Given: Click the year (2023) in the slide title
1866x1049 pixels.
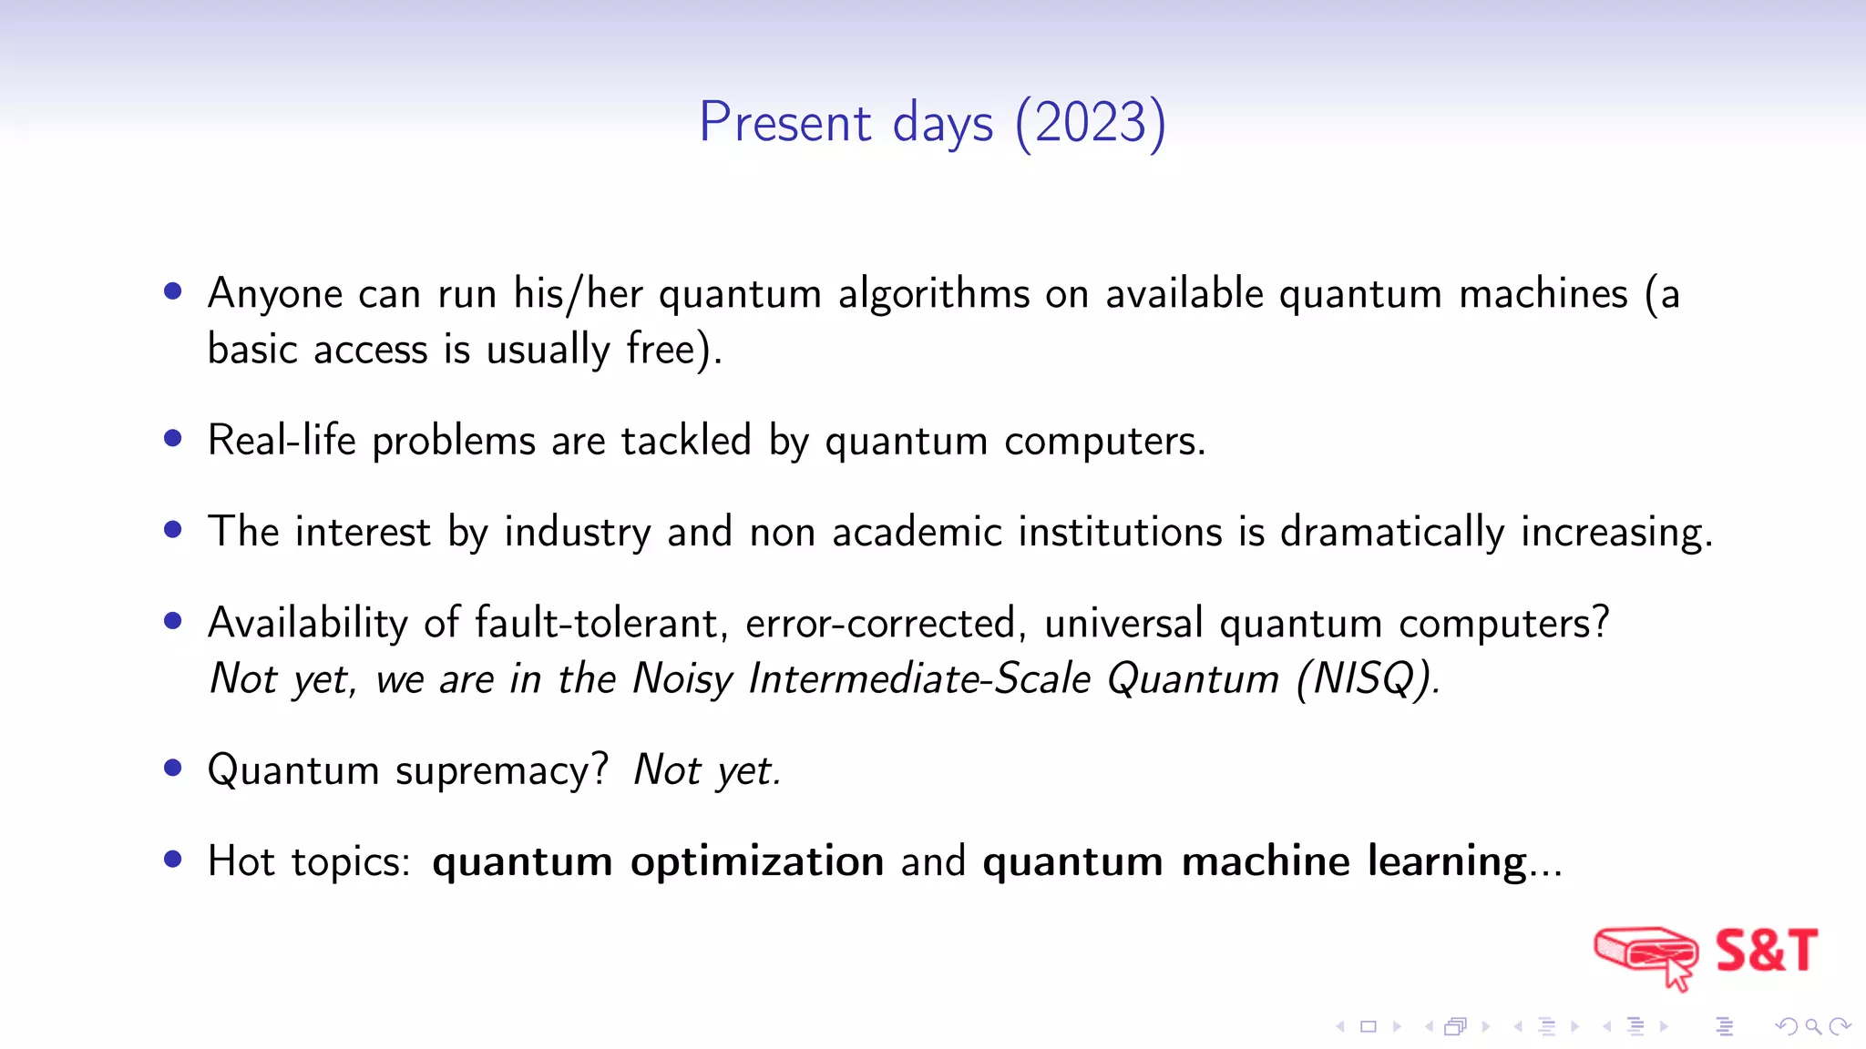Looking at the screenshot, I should (1091, 123).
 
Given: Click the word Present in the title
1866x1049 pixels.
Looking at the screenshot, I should (785, 123).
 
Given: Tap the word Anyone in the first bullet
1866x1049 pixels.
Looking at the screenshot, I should (275, 295).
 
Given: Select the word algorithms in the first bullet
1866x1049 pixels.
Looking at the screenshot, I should (934, 295).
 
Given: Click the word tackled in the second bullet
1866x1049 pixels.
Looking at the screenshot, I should (686, 441).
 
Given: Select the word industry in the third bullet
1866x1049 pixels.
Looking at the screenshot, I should (578, 533).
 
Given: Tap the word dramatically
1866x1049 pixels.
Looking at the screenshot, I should (1392, 533).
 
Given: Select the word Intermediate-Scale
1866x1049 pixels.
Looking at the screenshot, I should (919, 679).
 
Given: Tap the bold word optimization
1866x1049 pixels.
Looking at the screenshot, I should (757, 861).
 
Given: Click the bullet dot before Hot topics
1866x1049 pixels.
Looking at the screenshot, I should (173, 859).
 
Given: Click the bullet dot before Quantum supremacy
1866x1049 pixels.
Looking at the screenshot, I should (173, 768).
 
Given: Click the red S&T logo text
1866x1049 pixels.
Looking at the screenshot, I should (1766, 951).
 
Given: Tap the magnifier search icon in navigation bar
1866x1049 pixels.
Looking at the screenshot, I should (1813, 1027).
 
